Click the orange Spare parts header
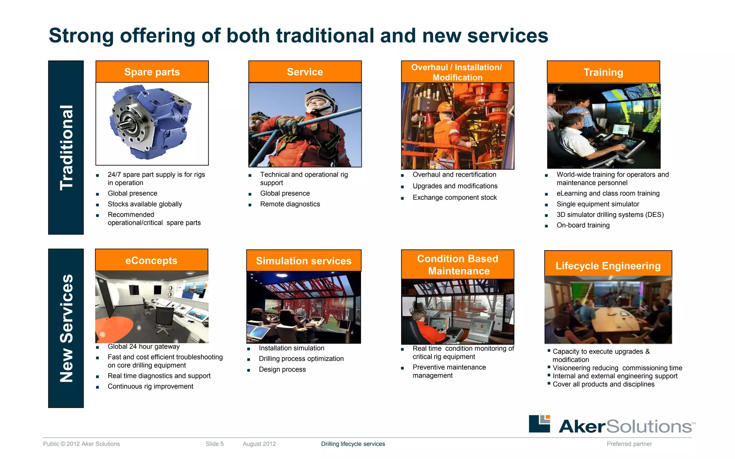pos(152,72)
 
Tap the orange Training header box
pos(603,72)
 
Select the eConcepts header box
pos(151,260)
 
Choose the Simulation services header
pos(304,261)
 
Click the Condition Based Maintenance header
pos(458,265)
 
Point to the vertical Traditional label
pos(66,147)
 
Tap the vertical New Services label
pos(66,328)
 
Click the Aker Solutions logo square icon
pos(539,423)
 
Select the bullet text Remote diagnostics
pos(290,204)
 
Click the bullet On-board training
pos(583,225)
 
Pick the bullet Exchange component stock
pos(454,198)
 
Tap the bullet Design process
pos(282,369)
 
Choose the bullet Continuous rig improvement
pos(150,386)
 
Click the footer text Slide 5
pos(215,444)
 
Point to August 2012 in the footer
pos(259,444)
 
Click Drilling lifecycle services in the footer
pos(353,444)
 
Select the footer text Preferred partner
pos(629,444)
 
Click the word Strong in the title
pos(81,36)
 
